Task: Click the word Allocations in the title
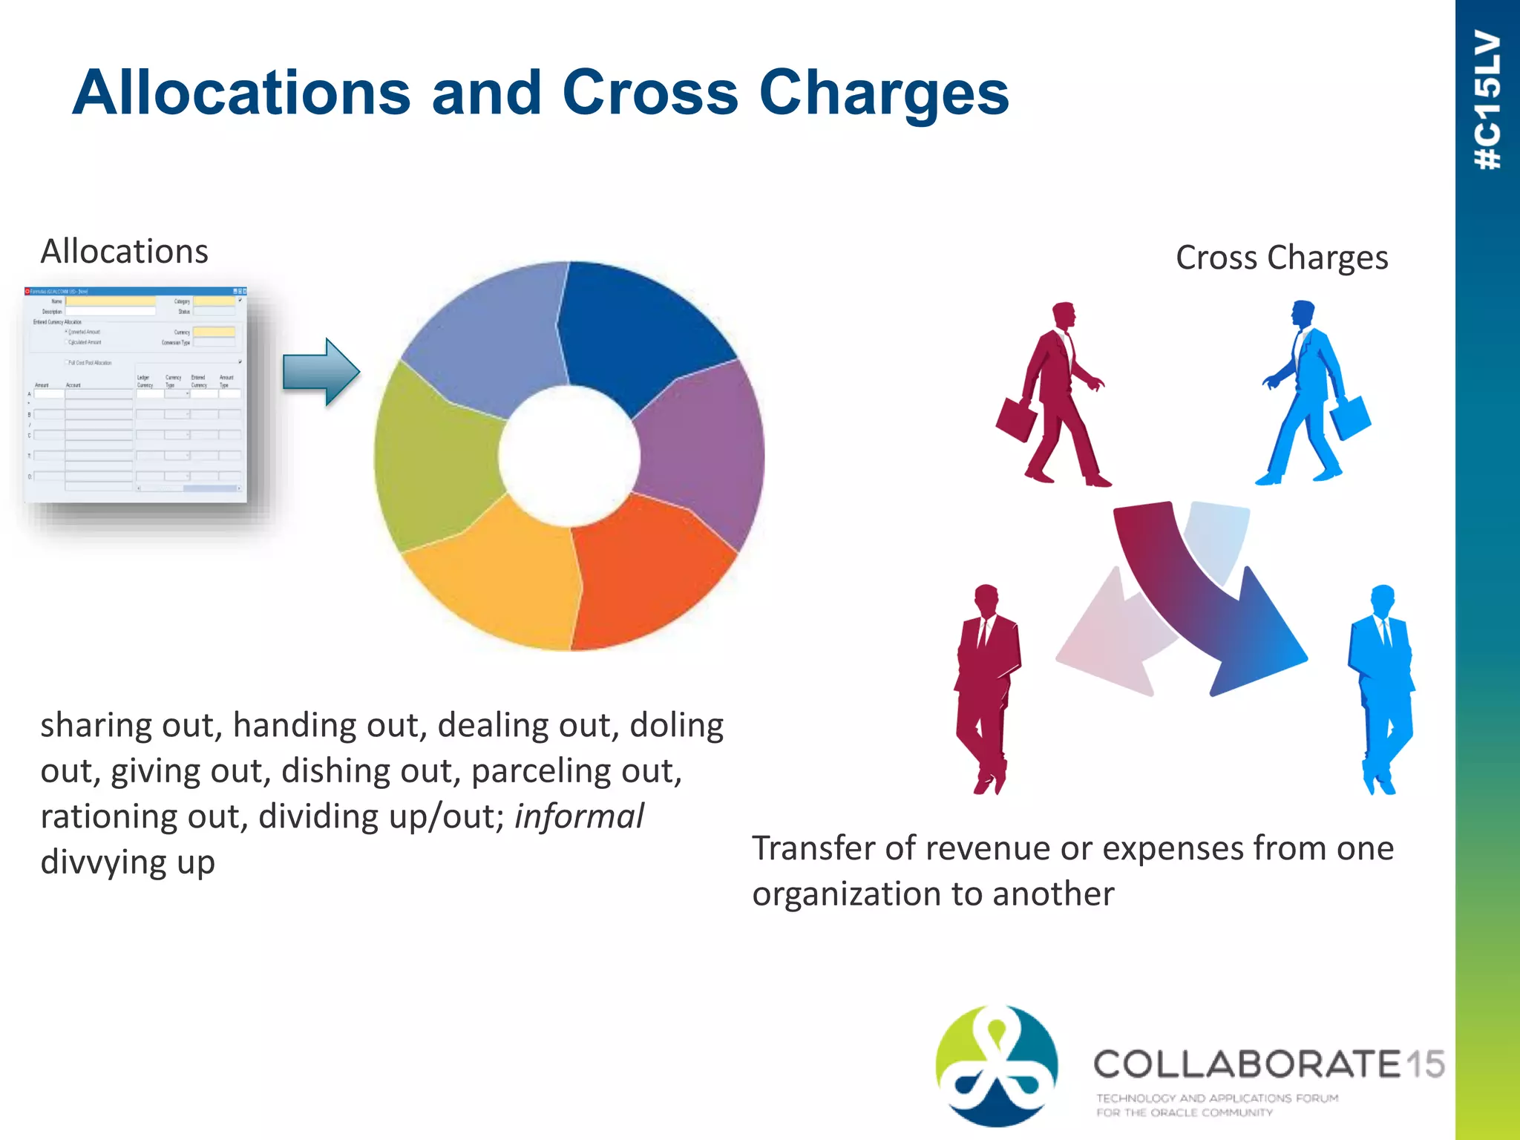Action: coord(241,93)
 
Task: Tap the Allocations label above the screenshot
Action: coord(124,252)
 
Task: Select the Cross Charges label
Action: coord(1282,258)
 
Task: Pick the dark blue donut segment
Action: coord(638,327)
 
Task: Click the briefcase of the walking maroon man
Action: coord(1016,419)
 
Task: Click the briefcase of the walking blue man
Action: coord(1351,419)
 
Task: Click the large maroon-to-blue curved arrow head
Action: coord(1254,638)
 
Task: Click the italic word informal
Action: coord(579,816)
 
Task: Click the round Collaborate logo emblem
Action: coord(997,1065)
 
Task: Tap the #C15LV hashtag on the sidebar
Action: coord(1487,100)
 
